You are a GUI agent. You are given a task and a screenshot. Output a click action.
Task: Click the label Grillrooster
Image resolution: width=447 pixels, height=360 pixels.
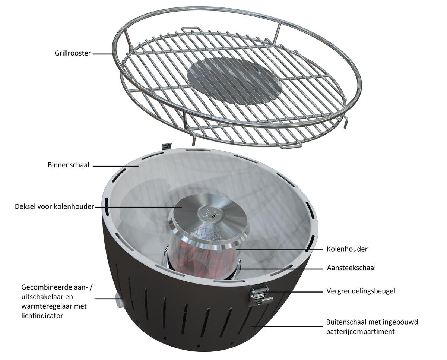pos(72,53)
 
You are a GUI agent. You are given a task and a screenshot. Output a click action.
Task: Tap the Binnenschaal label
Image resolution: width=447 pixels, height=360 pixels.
pos(68,165)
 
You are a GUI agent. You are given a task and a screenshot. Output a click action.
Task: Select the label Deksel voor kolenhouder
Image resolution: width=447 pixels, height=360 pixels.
pos(54,206)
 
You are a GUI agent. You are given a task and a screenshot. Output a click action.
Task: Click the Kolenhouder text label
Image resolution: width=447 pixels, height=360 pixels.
pos(347,249)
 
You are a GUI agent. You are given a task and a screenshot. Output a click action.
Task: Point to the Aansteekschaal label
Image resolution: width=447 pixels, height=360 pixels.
pos(351,268)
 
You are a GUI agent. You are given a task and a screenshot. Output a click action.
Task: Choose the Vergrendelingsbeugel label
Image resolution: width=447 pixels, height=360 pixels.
pos(361,291)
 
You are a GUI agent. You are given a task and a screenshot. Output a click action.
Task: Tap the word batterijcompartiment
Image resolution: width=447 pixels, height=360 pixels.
pos(360,331)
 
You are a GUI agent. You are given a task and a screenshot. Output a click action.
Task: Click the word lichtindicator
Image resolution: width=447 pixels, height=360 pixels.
pos(42,316)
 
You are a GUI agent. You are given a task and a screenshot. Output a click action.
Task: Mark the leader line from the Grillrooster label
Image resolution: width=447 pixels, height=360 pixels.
pos(104,54)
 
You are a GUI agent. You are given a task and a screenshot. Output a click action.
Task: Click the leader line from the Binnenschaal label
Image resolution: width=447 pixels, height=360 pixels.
pos(115,165)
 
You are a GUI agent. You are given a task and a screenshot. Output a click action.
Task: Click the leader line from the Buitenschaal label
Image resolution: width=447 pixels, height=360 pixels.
pos(287,326)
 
